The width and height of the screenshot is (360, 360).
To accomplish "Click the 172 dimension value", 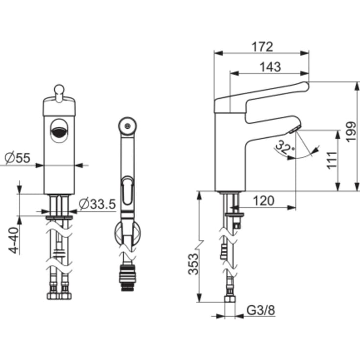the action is [263, 47].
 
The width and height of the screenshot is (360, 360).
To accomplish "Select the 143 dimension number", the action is [270, 67].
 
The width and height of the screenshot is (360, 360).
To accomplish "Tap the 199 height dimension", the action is [351, 132].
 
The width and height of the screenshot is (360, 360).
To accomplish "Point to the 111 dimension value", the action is [332, 160].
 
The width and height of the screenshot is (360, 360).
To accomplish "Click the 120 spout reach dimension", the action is [264, 201].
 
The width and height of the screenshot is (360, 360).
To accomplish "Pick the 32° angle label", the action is [285, 147].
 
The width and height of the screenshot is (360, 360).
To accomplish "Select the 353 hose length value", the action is [193, 264].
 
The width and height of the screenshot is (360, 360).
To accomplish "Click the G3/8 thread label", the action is [261, 311].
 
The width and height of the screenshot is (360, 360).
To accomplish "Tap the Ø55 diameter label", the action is [18, 158].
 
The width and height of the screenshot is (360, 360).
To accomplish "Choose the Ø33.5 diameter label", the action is [97, 204].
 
